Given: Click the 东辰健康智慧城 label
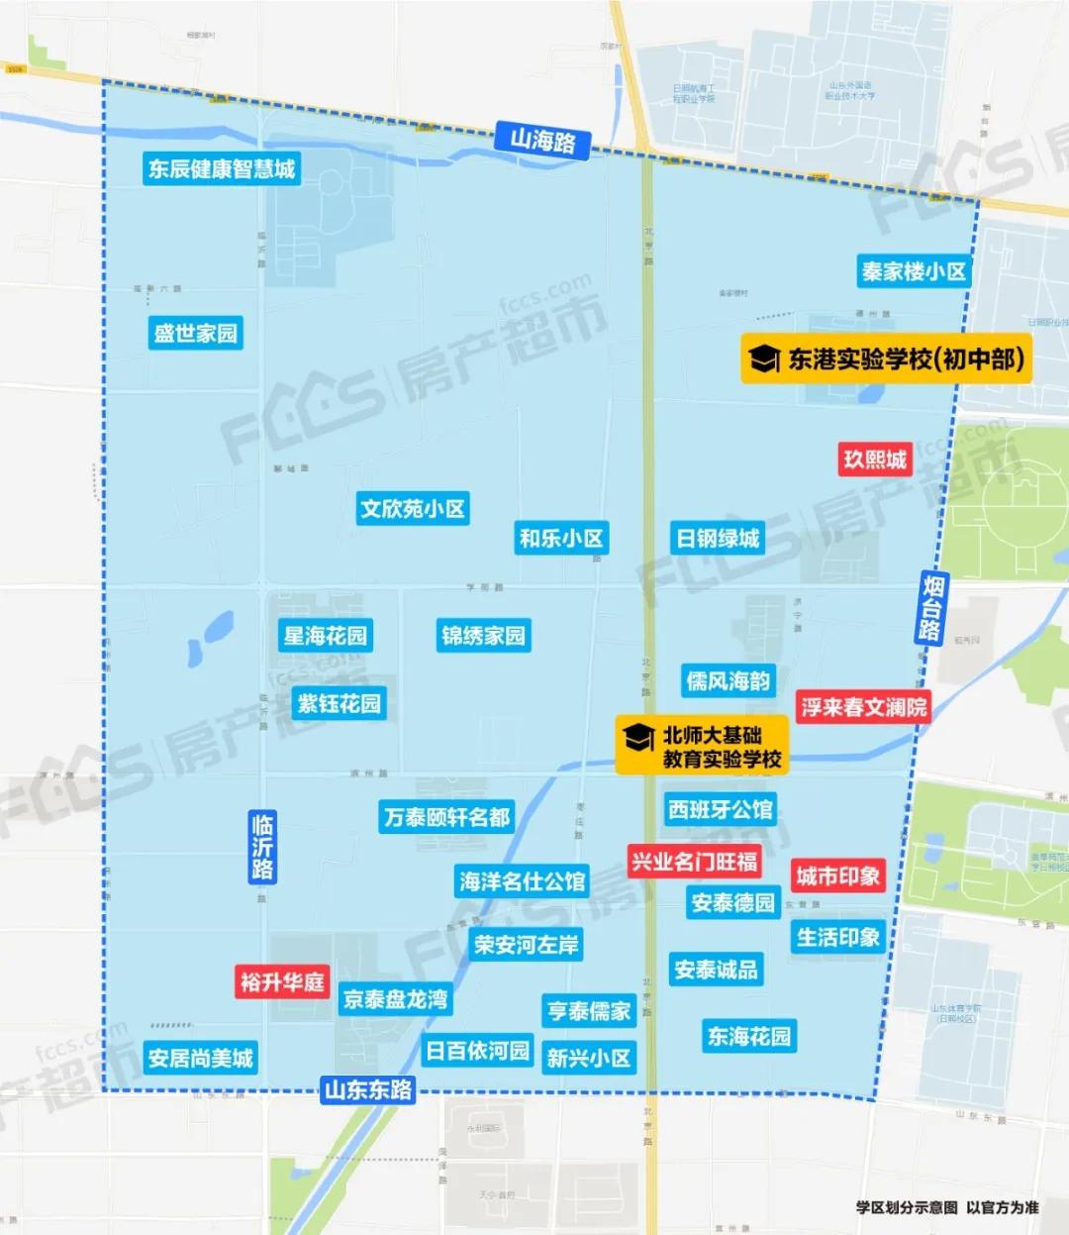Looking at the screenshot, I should pos(222,168).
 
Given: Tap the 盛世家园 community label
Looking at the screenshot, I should pos(196,333).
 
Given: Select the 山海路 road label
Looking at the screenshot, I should pos(542,141).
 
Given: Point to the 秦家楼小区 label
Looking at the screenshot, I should pos(913,271).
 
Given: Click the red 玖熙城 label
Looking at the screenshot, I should pos(874,460).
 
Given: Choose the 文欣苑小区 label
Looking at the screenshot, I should pos(412,509).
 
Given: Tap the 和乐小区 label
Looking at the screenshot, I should pos(560,538).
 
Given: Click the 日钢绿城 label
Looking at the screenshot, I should pos(718,538).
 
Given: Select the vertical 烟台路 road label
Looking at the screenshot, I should pos(930,607).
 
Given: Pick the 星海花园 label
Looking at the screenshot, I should pos(325,635).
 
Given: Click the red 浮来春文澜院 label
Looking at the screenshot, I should pos(863,707).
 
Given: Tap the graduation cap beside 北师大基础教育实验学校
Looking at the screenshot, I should pos(638,738).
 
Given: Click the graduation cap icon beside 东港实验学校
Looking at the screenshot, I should pos(764,359).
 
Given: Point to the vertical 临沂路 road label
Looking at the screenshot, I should pos(262,847).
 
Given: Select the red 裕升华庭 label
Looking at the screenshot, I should pos(282,981).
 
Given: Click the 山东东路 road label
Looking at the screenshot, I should pos(368,1090).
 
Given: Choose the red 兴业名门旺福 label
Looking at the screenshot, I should pos(694,862).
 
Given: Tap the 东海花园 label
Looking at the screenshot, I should pos(748,1036).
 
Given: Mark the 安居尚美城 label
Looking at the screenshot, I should pos(200,1058).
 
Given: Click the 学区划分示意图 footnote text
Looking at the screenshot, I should pos(907,1207).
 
